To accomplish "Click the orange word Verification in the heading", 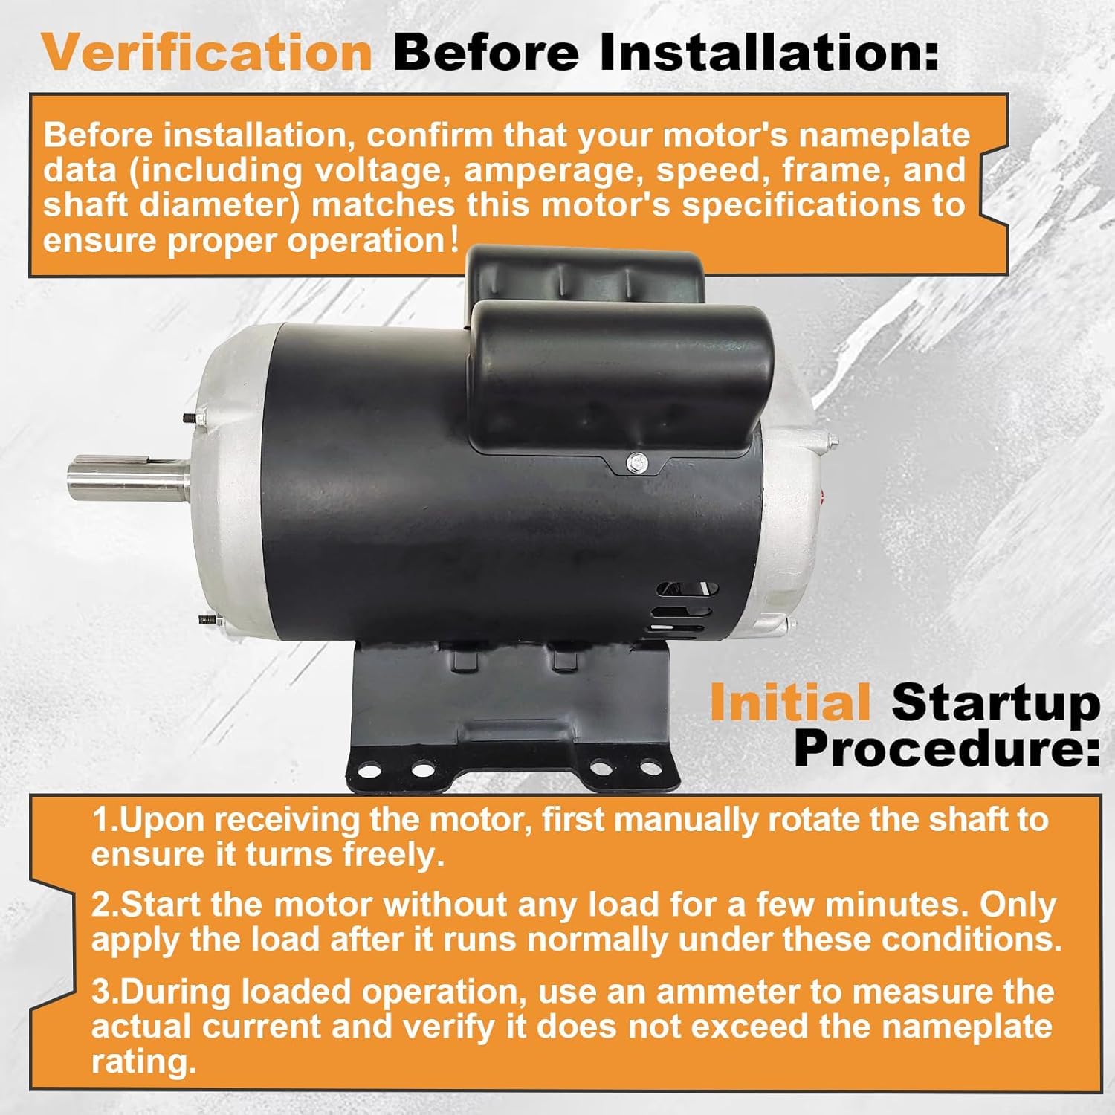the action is (207, 52).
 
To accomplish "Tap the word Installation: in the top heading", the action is (769, 52).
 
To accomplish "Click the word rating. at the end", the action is (144, 1061).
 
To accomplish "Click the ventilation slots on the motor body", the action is (685, 609).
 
